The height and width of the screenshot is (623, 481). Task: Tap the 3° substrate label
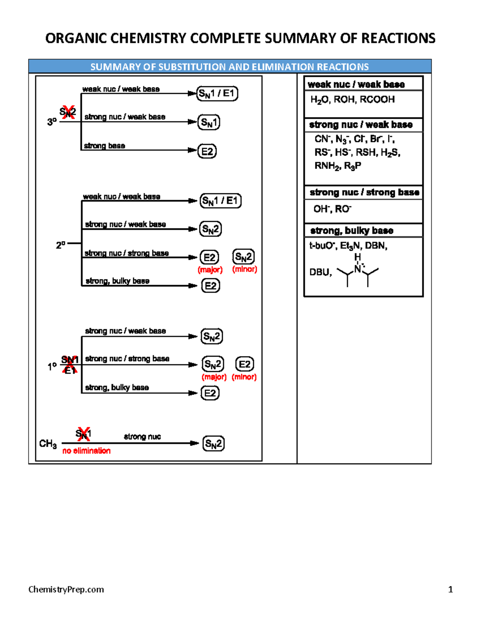[52, 122]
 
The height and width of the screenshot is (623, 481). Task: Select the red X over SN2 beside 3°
[68, 112]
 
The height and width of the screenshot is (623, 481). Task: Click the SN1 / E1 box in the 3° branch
[217, 93]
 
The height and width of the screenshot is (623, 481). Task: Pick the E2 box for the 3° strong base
[207, 151]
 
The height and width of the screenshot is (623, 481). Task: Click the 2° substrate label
[61, 245]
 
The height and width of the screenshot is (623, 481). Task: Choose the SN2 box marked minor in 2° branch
[243, 257]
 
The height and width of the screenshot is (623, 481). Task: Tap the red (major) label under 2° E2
[210, 270]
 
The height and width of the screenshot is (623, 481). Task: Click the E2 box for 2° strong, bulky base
[210, 286]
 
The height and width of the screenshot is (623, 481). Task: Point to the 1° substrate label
[52, 366]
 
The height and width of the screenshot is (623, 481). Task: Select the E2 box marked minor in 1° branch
[245, 364]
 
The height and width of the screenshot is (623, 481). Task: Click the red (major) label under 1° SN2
[214, 377]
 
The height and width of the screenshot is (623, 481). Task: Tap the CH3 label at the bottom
[48, 444]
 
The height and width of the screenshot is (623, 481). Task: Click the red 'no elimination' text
[86, 451]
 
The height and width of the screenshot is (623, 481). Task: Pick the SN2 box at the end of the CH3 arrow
[213, 444]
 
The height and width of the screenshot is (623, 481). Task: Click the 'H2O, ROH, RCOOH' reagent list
[352, 99]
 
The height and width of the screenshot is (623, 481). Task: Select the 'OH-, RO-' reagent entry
[332, 209]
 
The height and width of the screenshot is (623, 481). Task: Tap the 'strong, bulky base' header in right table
[352, 231]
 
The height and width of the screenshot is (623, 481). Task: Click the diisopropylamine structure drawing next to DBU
[358, 271]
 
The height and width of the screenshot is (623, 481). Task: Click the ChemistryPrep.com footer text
[66, 589]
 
